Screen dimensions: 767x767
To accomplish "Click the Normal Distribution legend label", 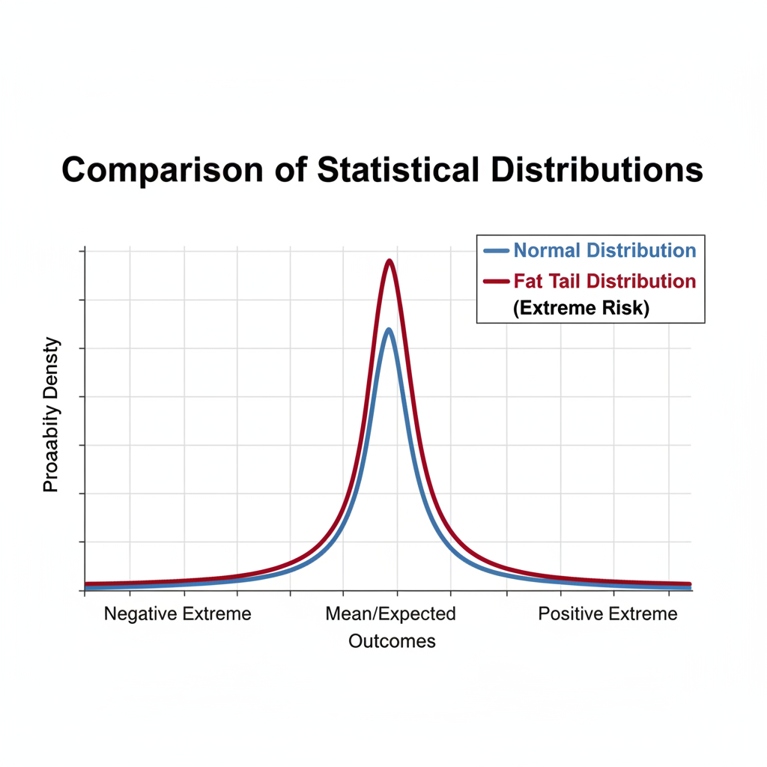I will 604,250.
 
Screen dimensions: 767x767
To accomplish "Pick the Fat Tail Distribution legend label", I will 604,281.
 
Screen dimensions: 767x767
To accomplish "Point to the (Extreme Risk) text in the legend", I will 581,307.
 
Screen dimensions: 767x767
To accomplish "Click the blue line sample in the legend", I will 497,250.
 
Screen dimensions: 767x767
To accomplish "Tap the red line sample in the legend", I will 497,282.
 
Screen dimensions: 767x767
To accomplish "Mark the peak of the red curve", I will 389,261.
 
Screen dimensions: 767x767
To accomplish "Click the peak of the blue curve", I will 388,330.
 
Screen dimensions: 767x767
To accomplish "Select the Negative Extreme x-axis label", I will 178,614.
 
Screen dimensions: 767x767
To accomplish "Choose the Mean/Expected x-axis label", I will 390,614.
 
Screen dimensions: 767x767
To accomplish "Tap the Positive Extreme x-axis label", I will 607,614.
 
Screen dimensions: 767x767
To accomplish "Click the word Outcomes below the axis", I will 392,641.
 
